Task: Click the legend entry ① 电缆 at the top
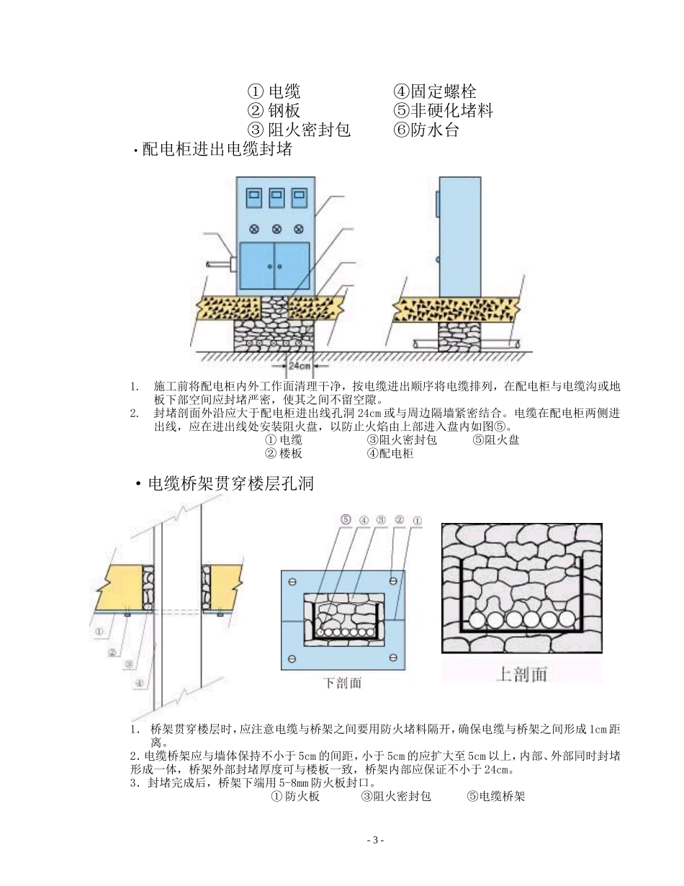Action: pos(274,91)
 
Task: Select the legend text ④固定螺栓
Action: pos(434,91)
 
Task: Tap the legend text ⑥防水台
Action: pos(426,130)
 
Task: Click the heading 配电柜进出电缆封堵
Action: pos(217,150)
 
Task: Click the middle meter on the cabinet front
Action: pos(276,199)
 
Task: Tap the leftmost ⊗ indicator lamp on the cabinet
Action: pos(253,229)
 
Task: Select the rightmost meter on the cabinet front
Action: pos(299,199)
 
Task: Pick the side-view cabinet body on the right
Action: pos(461,236)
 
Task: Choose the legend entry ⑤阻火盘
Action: pos(496,440)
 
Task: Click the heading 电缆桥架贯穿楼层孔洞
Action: pos(230,483)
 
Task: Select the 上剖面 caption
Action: pos(522,674)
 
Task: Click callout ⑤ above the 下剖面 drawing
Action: pos(346,519)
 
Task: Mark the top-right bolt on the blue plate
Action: pos(393,581)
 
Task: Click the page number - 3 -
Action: pos(376,841)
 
